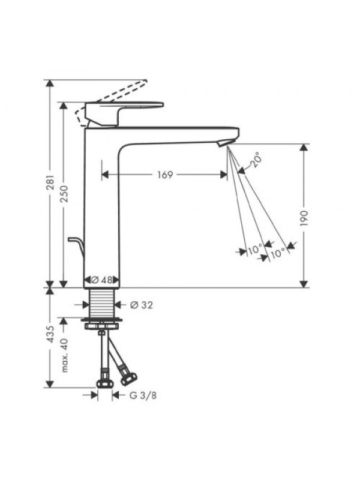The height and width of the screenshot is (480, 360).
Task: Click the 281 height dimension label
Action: [x=50, y=184]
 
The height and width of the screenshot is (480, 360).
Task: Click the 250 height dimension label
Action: [x=64, y=194]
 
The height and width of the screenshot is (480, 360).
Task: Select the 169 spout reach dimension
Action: [x=165, y=175]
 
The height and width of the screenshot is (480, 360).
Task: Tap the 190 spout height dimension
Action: [x=304, y=218]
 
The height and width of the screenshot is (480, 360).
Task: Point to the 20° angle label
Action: [x=256, y=160]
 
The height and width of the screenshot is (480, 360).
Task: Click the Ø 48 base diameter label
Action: [x=101, y=280]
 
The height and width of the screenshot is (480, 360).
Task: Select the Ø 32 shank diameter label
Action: [x=142, y=305]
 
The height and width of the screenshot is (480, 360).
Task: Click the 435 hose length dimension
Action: [x=50, y=334]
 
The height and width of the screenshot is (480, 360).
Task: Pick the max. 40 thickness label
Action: [x=64, y=355]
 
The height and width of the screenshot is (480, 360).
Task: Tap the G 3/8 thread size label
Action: [x=143, y=395]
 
